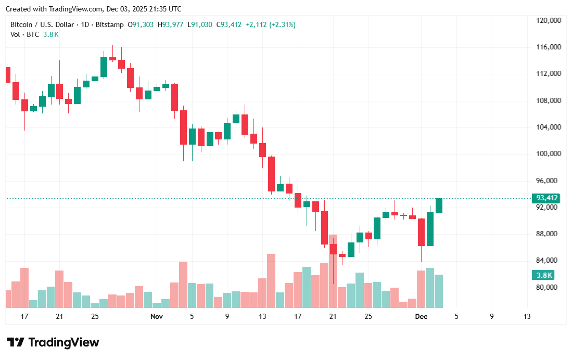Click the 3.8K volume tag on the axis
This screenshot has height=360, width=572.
click(x=542, y=275)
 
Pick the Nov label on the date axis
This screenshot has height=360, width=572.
click(x=157, y=316)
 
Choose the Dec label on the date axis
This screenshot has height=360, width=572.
click(x=421, y=316)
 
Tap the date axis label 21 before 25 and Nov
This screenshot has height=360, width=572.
click(x=59, y=316)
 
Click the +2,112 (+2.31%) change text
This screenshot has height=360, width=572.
click(x=271, y=24)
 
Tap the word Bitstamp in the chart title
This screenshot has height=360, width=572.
click(x=111, y=24)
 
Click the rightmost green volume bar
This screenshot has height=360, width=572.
click(x=439, y=291)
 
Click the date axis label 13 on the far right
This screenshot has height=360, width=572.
click(x=527, y=316)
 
